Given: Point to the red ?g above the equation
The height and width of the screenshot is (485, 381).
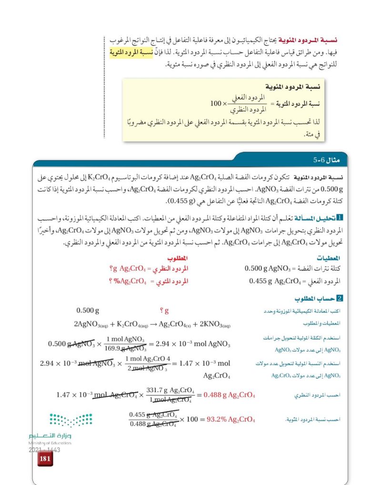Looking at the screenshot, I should [x=165, y=312].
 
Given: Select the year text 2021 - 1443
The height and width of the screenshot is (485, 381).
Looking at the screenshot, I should [x=43, y=449].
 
